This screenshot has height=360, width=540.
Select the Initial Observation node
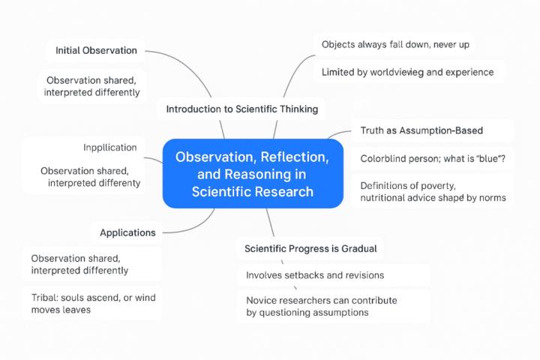tap(96, 50)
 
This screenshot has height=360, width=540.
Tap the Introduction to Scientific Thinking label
tap(241, 109)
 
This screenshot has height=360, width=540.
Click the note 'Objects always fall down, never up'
tap(395, 45)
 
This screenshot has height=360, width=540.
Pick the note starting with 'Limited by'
tap(407, 72)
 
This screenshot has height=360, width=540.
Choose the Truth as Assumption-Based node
tap(421, 130)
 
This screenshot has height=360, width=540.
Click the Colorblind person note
tap(433, 158)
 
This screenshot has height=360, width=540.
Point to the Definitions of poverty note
tap(433, 191)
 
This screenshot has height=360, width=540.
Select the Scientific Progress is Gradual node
tap(310, 247)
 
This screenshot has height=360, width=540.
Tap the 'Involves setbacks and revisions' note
tap(315, 275)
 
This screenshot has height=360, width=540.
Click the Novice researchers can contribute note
tap(321, 306)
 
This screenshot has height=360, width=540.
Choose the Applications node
tap(127, 232)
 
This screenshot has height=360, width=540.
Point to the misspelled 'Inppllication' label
tap(109, 147)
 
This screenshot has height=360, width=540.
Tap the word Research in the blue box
tap(283, 191)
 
